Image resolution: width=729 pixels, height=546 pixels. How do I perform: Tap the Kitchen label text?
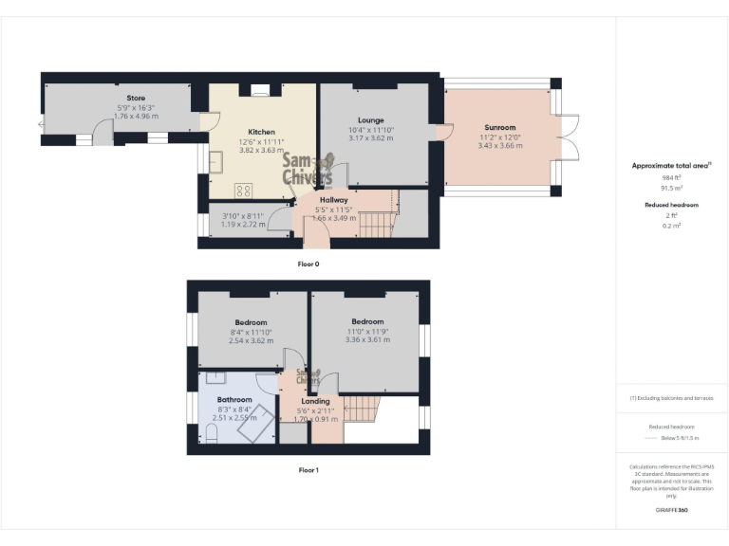pos(261,132)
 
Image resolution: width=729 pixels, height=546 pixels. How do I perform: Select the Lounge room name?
pos(370,120)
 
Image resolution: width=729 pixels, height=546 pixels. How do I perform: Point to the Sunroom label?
pos(499,127)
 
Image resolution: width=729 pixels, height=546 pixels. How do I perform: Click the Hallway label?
pos(333,200)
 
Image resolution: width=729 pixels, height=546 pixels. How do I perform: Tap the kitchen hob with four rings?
pos(243,190)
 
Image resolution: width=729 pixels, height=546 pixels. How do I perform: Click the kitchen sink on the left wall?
pos(216,162)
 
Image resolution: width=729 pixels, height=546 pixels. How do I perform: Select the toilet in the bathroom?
pos(213,433)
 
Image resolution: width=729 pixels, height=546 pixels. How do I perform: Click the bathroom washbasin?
pos(208,377)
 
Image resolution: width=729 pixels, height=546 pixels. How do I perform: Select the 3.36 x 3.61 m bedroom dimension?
pos(366,339)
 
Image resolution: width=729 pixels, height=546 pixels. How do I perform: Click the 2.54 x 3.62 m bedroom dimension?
pos(251,340)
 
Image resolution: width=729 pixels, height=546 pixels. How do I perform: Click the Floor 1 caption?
pos(308,469)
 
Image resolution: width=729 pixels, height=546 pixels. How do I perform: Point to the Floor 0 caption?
pos(308,264)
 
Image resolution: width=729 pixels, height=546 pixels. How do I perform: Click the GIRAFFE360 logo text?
pos(670,510)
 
